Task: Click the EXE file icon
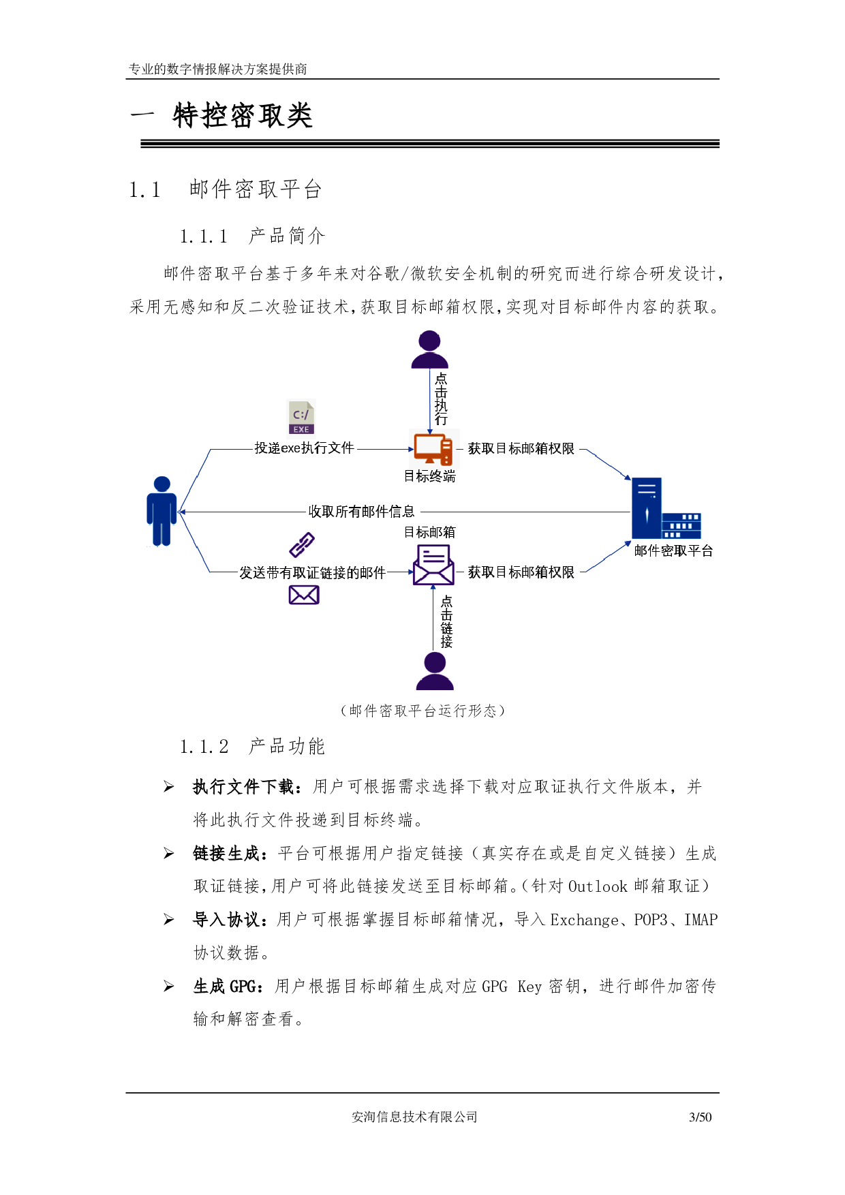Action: tap(301, 417)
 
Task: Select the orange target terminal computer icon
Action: tap(433, 449)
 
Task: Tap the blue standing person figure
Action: tap(162, 511)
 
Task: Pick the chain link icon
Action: tap(302, 544)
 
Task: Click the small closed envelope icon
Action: tap(304, 595)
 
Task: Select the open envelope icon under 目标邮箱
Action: tap(433, 565)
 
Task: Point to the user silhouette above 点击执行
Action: tap(429, 350)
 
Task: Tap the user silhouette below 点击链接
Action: tap(435, 671)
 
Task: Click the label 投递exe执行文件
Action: tap(304, 448)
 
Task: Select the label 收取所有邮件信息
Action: tap(361, 511)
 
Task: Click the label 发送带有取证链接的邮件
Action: tap(312, 572)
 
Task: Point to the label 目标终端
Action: tap(429, 476)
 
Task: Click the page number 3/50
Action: tap(700, 1117)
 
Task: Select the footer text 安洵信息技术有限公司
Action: tap(414, 1117)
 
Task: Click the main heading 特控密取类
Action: tap(243, 116)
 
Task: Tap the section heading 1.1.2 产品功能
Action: tap(252, 747)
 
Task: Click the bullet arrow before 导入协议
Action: tap(169, 920)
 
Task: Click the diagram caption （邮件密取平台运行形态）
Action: tap(422, 711)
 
